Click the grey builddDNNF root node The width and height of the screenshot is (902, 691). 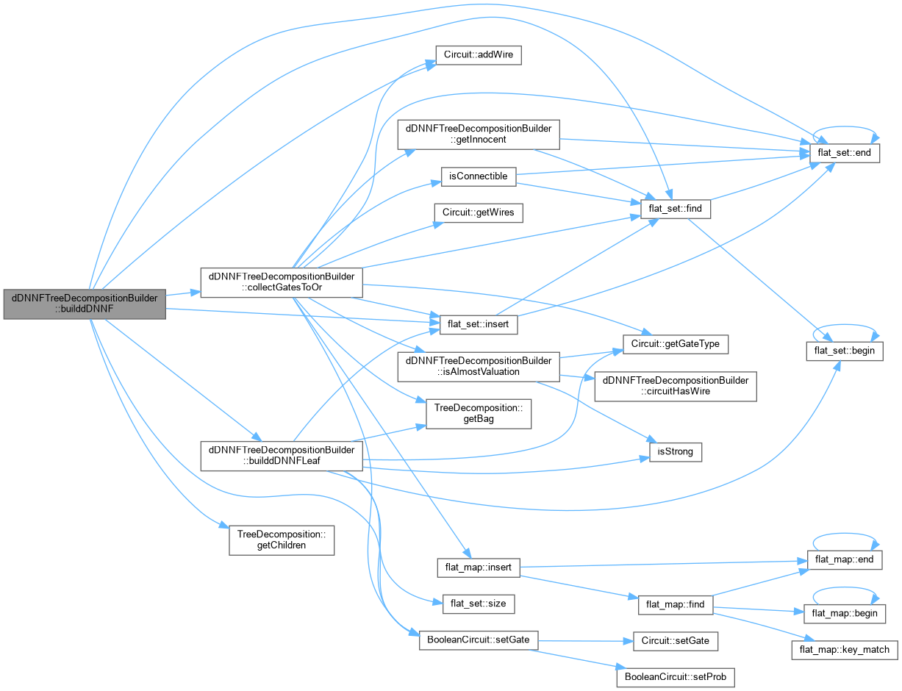point(85,304)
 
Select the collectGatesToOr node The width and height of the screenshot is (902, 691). point(282,282)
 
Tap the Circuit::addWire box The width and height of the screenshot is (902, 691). point(478,55)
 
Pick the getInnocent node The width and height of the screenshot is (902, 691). point(478,135)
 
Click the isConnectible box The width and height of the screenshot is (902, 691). point(478,177)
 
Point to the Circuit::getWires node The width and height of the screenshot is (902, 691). point(478,213)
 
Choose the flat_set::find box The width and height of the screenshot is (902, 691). point(676,209)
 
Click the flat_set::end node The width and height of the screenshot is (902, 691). point(845,153)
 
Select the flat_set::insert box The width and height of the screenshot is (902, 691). point(478,324)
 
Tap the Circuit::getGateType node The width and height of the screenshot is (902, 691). point(676,344)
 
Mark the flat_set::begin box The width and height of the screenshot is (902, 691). point(845,351)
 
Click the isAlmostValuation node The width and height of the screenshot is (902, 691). point(478,367)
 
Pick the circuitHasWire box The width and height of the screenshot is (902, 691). point(676,387)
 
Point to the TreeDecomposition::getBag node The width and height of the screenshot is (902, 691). point(478,414)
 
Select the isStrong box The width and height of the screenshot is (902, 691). point(676,452)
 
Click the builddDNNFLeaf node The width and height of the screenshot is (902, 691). point(282,456)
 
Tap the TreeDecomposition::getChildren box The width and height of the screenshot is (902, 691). point(282,540)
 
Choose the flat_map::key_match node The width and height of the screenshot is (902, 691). point(845,650)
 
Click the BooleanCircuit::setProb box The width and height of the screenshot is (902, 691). point(676,677)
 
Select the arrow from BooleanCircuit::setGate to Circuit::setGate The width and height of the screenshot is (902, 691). point(586,641)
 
